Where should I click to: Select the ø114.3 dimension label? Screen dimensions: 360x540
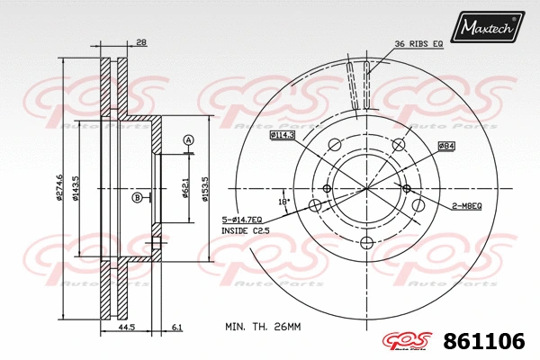(283, 135)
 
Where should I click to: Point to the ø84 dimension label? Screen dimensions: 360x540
(445, 145)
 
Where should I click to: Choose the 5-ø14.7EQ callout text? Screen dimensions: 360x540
(242, 220)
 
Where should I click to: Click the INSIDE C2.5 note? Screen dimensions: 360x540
(245, 231)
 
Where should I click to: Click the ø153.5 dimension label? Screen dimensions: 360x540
(206, 190)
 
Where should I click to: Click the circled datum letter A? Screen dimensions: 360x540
(188, 139)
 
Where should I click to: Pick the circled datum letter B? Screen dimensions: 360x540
(137, 197)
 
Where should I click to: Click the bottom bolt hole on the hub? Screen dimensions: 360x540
(365, 244)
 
